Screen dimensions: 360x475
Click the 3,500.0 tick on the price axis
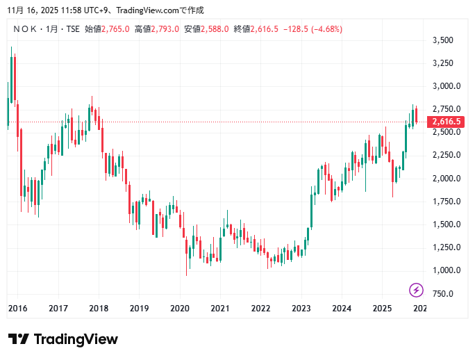442,40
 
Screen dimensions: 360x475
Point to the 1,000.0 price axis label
442,270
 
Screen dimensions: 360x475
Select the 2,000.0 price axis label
442,179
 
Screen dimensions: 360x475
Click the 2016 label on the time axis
17,309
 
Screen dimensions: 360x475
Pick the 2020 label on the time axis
180,309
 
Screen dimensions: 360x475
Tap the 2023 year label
301,309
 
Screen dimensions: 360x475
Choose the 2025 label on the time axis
382,309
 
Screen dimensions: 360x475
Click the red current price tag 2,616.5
446,122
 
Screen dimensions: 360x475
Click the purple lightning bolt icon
416,290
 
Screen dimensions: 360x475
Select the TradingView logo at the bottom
63,340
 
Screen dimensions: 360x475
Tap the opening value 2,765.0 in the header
115,29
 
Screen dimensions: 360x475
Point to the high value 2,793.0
165,29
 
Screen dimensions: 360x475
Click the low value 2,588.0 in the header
215,29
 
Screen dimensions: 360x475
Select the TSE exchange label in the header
72,29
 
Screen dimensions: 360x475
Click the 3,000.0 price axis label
442,86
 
